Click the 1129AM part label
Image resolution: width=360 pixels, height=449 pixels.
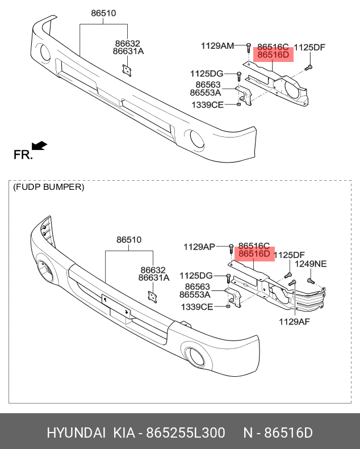point(217,45)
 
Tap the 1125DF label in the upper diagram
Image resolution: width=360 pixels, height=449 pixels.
point(309,48)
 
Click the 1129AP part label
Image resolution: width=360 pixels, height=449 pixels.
point(199,247)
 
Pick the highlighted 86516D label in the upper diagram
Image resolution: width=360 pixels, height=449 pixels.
point(273,56)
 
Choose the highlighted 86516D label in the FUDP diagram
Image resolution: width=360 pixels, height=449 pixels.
point(254,254)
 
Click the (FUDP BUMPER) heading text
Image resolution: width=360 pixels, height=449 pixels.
point(49,187)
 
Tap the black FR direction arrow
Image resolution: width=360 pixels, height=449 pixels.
point(39,145)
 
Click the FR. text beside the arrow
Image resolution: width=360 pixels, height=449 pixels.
point(23,155)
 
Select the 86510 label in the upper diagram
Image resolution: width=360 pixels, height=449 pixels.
point(103,13)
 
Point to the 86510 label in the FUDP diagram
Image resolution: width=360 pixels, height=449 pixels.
point(129,240)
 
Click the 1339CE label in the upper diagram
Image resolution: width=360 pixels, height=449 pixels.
point(207,105)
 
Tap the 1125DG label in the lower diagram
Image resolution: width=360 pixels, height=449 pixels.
point(197,276)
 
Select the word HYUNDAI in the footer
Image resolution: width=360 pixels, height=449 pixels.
point(76,433)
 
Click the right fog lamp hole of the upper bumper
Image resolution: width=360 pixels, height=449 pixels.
point(197,138)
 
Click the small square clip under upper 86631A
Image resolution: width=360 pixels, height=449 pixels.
point(127,69)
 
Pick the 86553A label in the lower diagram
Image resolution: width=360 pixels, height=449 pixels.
point(195,295)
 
